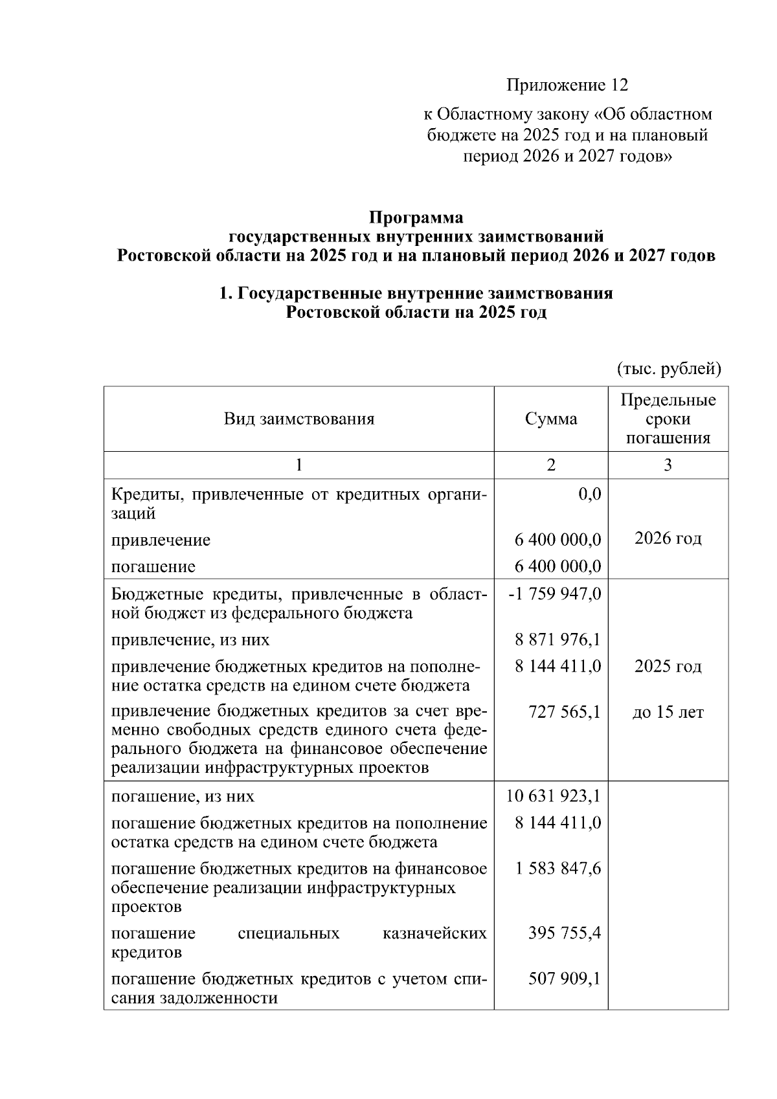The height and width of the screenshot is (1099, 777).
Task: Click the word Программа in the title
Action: pyautogui.click(x=416, y=217)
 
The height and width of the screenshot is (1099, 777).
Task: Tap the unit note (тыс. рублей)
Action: pyautogui.click(x=668, y=369)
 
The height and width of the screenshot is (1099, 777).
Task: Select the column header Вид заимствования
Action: pyautogui.click(x=299, y=419)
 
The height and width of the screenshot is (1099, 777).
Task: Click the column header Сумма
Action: pyautogui.click(x=551, y=419)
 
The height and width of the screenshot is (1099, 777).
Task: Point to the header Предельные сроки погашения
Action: pyautogui.click(x=668, y=419)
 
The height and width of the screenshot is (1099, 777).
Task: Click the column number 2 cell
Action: pyautogui.click(x=551, y=465)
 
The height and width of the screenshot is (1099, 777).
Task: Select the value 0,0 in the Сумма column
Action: pyautogui.click(x=589, y=494)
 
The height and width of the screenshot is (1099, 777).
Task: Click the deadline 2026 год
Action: pyautogui.click(x=668, y=538)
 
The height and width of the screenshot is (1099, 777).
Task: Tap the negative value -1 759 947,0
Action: pyautogui.click(x=555, y=594)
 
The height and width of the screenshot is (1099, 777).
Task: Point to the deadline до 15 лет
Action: pyautogui.click(x=668, y=713)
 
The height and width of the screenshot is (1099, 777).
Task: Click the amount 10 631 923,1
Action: pyautogui.click(x=554, y=796)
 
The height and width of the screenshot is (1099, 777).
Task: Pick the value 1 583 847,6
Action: pyautogui.click(x=558, y=869)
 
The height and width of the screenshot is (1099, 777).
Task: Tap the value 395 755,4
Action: pyautogui.click(x=563, y=933)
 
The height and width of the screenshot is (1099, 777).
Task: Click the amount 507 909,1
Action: pyautogui.click(x=563, y=979)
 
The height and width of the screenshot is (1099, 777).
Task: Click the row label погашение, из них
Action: pyautogui.click(x=183, y=796)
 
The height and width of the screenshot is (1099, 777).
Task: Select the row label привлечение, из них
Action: pyautogui.click(x=190, y=640)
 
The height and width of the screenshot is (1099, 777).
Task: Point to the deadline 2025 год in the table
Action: pyautogui.click(x=668, y=667)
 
